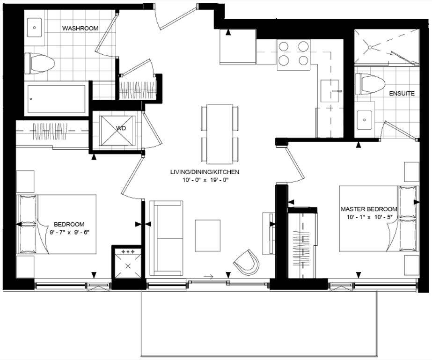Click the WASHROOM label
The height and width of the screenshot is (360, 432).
click(x=80, y=29)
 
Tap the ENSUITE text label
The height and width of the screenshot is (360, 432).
click(x=402, y=94)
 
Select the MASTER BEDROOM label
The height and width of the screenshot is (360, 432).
click(x=369, y=209)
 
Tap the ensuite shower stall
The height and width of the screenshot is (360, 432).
click(x=385, y=47)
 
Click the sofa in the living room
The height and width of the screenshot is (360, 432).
click(x=166, y=237)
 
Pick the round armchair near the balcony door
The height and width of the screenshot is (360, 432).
click(x=247, y=263)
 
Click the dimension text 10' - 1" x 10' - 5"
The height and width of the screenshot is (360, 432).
click(x=369, y=217)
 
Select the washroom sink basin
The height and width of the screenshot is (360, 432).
click(x=35, y=28)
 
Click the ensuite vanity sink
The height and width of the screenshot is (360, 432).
click(x=365, y=119)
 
